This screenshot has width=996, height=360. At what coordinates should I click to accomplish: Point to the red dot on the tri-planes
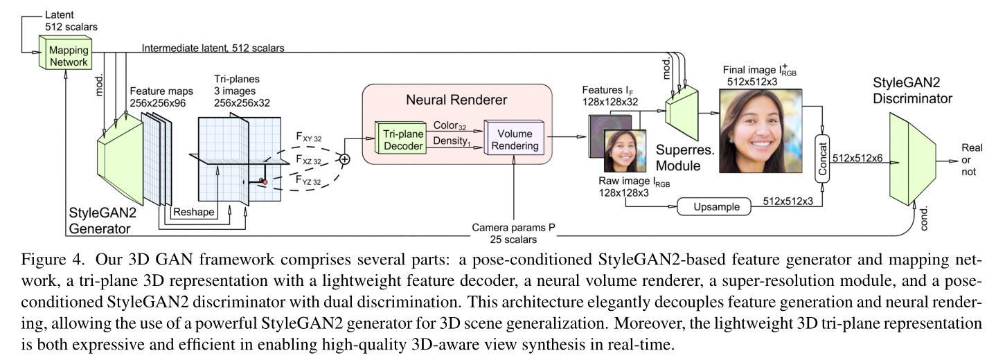coord(265,181)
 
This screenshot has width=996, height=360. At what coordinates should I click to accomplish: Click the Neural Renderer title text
coord(457,100)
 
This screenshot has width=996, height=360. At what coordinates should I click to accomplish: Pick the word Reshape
coord(193,211)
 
